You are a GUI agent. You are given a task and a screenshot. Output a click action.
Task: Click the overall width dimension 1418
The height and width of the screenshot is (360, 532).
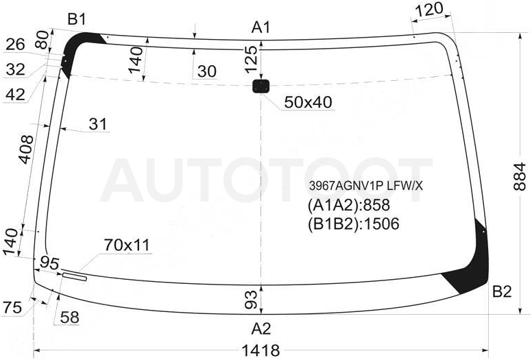(x=261, y=350)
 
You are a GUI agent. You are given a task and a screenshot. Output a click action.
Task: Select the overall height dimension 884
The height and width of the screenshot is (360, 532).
(x=520, y=177)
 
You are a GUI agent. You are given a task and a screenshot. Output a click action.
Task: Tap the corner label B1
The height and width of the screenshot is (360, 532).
(x=77, y=20)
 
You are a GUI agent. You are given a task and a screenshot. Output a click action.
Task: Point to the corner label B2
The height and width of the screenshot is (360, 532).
(x=502, y=291)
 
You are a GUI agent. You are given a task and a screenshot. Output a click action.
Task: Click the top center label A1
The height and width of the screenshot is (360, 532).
(x=261, y=27)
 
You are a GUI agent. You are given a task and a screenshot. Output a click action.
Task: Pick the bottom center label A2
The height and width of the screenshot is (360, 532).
(x=261, y=328)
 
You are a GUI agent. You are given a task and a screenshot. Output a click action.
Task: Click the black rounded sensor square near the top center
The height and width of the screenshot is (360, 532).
(x=261, y=86)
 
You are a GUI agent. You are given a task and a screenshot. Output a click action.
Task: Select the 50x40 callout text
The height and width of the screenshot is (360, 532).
(x=308, y=101)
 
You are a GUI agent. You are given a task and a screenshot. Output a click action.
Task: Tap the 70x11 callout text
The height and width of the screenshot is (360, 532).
(x=127, y=245)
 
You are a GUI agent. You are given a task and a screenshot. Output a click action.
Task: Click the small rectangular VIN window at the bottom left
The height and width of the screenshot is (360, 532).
(x=75, y=276)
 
